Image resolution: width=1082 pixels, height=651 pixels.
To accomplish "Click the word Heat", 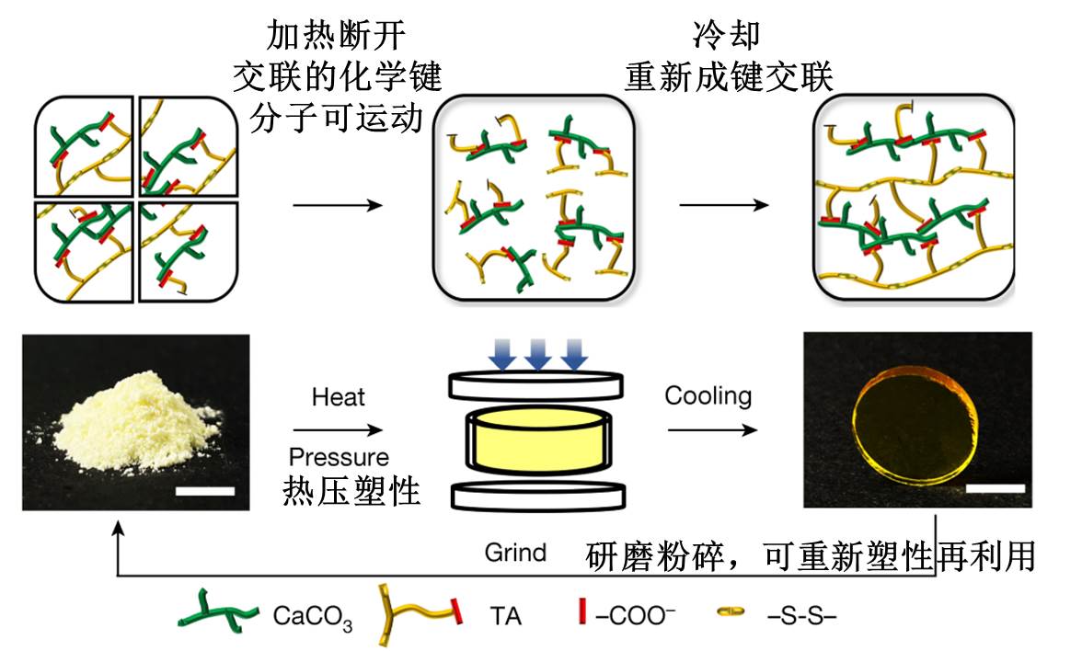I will tap(339, 397).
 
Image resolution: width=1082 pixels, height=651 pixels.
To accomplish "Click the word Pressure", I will tap(339, 457).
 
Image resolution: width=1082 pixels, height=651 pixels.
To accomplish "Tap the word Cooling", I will tap(708, 396).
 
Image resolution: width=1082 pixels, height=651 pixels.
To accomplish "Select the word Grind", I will tap(515, 553).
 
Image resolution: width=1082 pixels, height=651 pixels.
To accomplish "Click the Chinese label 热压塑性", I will tap(352, 492).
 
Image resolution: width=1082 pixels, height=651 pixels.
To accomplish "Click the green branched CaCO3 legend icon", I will tap(219, 614).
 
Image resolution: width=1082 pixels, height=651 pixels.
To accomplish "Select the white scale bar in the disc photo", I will tap(995, 485).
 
